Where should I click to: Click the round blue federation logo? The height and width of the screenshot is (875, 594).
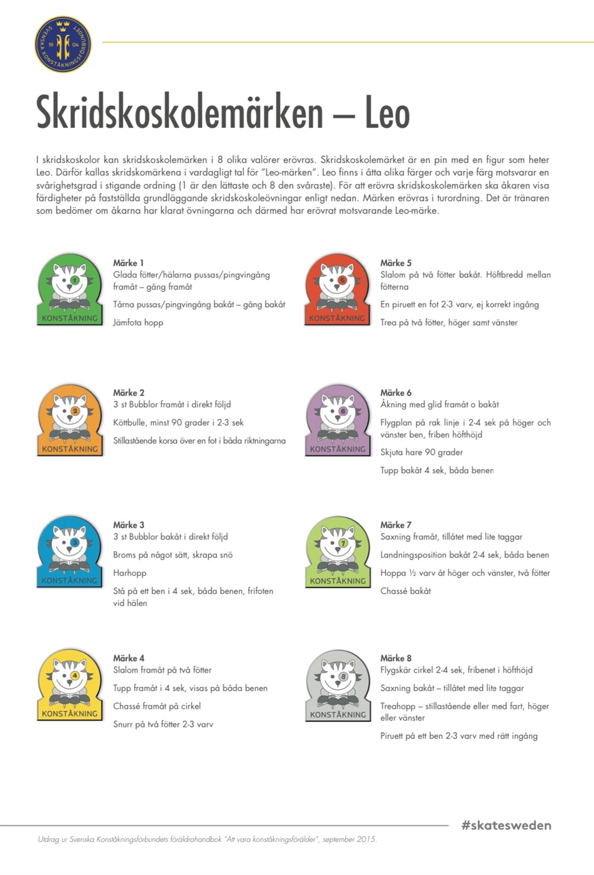pyautogui.click(x=63, y=44)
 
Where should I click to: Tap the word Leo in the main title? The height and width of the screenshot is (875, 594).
pyautogui.click(x=387, y=112)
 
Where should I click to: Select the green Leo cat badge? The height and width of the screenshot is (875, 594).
pyautogui.click(x=70, y=289)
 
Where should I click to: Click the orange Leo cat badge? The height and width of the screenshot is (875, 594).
pyautogui.click(x=70, y=420)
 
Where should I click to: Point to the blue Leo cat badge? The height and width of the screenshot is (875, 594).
pyautogui.click(x=70, y=552)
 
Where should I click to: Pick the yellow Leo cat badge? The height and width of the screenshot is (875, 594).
pyautogui.click(x=70, y=685)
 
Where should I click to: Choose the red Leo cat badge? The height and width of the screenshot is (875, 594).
pyautogui.click(x=337, y=289)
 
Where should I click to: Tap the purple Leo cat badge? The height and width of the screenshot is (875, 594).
pyautogui.click(x=337, y=420)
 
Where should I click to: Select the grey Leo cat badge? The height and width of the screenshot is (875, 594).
pyautogui.click(x=337, y=686)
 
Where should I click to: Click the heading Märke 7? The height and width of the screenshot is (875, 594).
pyautogui.click(x=396, y=525)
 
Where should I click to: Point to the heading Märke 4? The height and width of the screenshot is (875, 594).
pyautogui.click(x=128, y=658)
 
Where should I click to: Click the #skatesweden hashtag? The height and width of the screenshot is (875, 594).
pyautogui.click(x=506, y=825)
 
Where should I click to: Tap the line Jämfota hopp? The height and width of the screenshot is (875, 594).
pyautogui.click(x=138, y=323)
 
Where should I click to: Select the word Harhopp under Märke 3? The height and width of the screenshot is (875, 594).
pyautogui.click(x=129, y=573)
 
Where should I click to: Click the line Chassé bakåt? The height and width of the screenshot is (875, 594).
pyautogui.click(x=406, y=591)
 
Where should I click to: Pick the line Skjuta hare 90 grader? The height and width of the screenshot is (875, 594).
pyautogui.click(x=421, y=452)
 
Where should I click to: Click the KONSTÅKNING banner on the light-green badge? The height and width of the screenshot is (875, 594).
pyautogui.click(x=337, y=581)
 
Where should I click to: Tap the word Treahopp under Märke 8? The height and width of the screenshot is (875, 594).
pyautogui.click(x=397, y=706)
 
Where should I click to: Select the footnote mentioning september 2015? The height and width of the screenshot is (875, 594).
pyautogui.click(x=207, y=839)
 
